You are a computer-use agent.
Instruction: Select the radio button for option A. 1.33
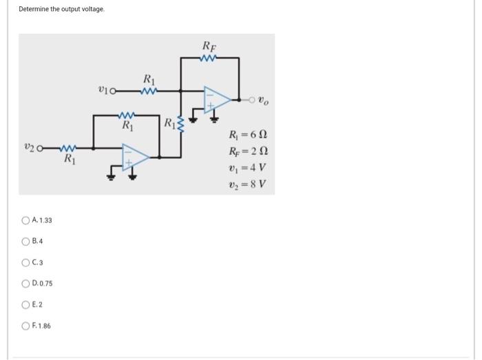(25, 220)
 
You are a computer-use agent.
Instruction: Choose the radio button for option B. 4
(25, 242)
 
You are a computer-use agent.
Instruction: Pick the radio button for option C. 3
(25, 262)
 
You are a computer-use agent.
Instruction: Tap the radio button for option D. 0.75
(25, 284)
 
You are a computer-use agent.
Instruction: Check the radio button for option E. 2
(25, 304)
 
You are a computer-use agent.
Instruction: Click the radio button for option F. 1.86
(25, 326)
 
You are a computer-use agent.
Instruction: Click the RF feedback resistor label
(209, 46)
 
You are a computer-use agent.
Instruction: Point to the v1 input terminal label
(105, 89)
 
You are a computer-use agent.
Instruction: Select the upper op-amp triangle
(215, 99)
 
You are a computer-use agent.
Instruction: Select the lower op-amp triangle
(135, 158)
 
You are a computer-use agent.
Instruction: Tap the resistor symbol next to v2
(68, 147)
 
